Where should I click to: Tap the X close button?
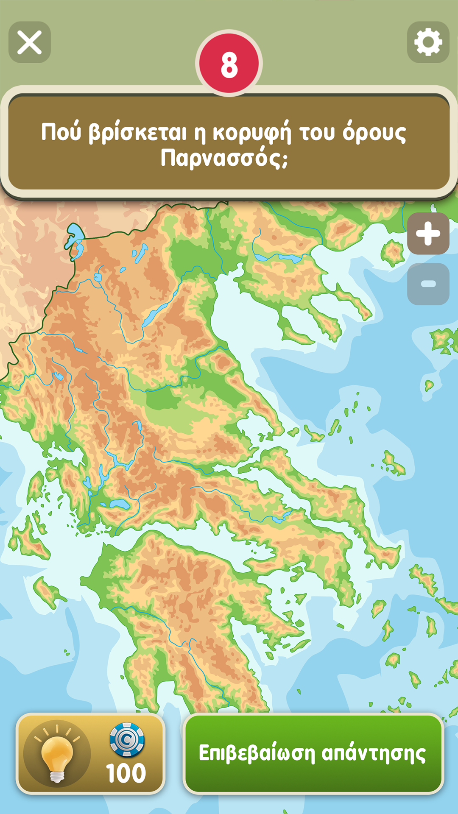[30, 42]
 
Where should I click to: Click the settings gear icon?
[428, 42]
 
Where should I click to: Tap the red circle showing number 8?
[229, 64]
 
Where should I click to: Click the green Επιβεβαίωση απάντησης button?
[313, 753]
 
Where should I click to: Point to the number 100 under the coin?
[126, 773]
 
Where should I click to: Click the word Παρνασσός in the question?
[224, 158]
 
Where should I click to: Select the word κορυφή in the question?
[252, 132]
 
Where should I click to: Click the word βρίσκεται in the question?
[137, 132]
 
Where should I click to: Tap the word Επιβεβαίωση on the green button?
[257, 753]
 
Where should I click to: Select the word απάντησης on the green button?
[374, 753]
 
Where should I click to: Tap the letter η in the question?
[200, 133]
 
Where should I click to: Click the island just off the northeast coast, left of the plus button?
[392, 252]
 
